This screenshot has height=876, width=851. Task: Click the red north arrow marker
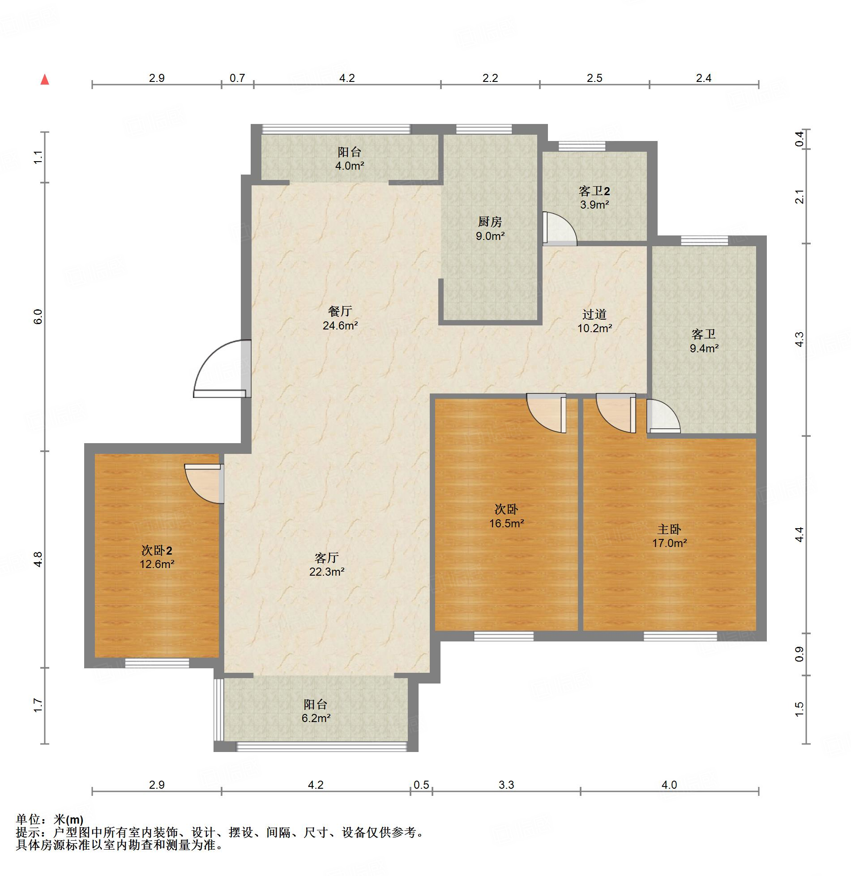45,80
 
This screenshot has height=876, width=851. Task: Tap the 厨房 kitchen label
490,222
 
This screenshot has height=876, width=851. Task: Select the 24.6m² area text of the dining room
340,325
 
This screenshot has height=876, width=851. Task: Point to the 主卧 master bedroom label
669,529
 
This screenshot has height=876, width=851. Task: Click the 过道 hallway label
594,314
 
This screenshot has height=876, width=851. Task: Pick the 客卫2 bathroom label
594,191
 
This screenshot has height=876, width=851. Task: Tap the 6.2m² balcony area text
316,718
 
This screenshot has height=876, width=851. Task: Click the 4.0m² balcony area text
350,166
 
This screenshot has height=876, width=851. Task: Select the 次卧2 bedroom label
157,550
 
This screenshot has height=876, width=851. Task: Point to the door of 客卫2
560,228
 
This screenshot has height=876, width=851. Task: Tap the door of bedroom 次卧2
204,483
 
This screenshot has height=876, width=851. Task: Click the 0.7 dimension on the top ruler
237,78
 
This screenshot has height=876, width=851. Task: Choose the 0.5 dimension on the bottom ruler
421,785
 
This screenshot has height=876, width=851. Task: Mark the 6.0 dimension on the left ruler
38,317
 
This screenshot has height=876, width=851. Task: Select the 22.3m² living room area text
327,572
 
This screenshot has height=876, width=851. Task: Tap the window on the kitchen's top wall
484,129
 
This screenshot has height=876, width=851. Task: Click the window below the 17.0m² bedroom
680,636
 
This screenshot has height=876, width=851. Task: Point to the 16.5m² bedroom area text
507,523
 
